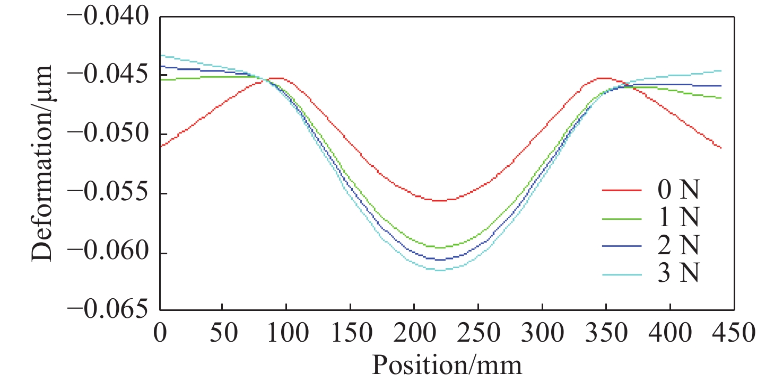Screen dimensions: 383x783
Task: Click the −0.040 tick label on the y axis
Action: coord(111,16)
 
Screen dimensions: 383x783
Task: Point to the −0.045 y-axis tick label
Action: coord(111,75)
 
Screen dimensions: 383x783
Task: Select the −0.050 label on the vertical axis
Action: coord(111,134)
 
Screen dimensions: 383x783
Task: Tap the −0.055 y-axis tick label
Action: coord(111,193)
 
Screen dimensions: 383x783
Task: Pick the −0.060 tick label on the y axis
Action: coord(111,253)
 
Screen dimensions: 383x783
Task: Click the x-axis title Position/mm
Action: coord(447,366)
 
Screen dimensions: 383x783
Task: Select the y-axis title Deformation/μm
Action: coord(42,163)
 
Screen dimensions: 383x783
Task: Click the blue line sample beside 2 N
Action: coord(621,246)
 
